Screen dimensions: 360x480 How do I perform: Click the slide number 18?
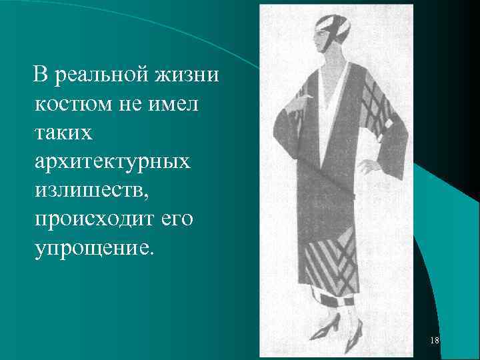click(435, 341)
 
